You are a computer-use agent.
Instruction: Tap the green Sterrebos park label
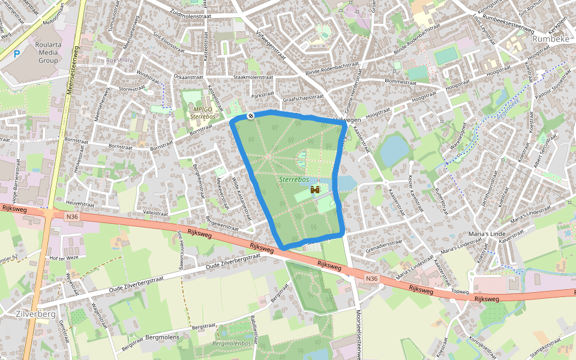pos(294,179)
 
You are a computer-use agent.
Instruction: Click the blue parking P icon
pos(17,53)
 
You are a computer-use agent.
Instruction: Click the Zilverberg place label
pos(36,314)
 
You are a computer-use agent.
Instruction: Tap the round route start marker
pos(250,115)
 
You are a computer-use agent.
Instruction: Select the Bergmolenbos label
pos(231,344)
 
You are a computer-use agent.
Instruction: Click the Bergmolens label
pos(162,338)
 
